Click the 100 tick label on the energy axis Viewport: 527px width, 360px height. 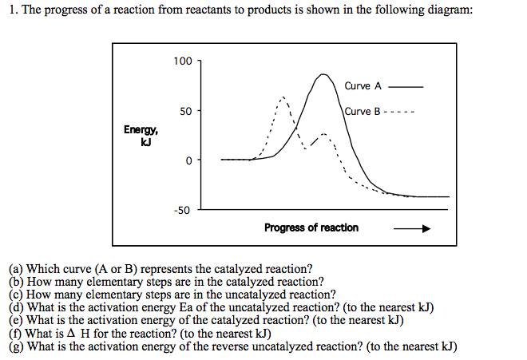(x=182, y=61)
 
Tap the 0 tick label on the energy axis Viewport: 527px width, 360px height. (x=188, y=160)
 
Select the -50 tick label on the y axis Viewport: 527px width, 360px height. (x=183, y=211)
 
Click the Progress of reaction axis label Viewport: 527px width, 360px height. (x=311, y=227)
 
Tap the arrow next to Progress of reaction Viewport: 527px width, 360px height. (x=412, y=228)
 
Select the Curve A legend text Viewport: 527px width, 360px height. (x=363, y=85)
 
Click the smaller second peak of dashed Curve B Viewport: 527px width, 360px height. (x=323, y=133)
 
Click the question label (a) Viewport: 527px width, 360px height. (x=17, y=269)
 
